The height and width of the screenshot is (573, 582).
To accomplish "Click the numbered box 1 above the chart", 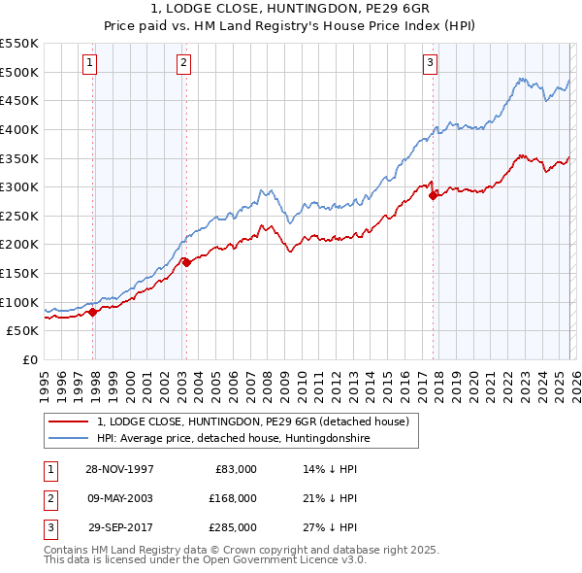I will [x=88, y=63].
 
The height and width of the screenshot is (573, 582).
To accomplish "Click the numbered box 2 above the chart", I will [x=182, y=63].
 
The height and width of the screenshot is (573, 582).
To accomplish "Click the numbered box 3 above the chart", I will [x=429, y=63].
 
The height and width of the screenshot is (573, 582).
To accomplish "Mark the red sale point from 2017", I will [x=434, y=195].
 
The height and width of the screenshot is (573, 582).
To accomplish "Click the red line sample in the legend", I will [x=69, y=421].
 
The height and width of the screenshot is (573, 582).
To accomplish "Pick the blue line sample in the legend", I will [x=69, y=439].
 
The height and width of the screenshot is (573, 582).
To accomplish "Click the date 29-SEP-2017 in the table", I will [x=120, y=527].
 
